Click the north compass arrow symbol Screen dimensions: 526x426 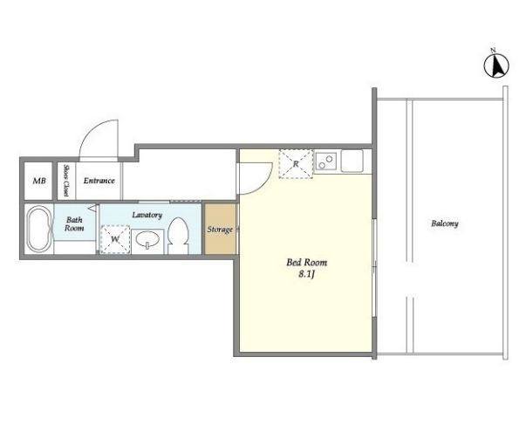point(496,65)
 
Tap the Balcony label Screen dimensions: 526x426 point(445,223)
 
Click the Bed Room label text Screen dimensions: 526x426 point(306,262)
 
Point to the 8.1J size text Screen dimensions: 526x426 point(306,274)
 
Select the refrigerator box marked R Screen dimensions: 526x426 point(296,164)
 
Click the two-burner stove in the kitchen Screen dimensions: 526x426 point(326,161)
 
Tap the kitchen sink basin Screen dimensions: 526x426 point(352,161)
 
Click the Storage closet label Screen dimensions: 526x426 point(220,230)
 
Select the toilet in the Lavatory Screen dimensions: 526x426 point(178,236)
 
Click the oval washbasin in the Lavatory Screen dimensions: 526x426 point(147,241)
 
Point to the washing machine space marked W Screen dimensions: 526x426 point(115,239)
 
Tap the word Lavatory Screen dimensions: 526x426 point(147,215)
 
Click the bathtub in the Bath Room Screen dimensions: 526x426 point(39,229)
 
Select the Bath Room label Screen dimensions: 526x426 point(74,223)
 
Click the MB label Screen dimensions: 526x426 point(39,181)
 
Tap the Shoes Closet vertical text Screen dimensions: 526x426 point(66,181)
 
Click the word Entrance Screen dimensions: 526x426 point(99,181)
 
